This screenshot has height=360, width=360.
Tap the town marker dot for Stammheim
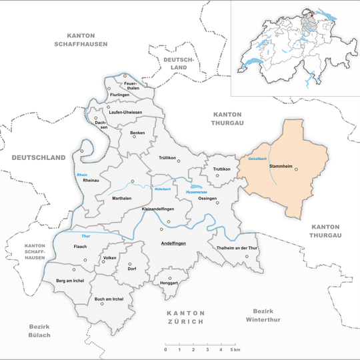click(x=297, y=169)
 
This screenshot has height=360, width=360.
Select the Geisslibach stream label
click(x=259, y=158)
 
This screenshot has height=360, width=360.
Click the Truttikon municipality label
click(x=221, y=169)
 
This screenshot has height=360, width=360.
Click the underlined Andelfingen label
click(x=173, y=243)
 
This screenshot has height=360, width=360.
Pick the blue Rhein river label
click(x=81, y=175)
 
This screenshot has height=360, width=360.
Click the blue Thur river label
click(x=85, y=237)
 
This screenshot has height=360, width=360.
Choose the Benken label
click(x=137, y=133)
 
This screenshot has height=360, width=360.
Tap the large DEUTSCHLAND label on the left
click(x=39, y=157)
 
